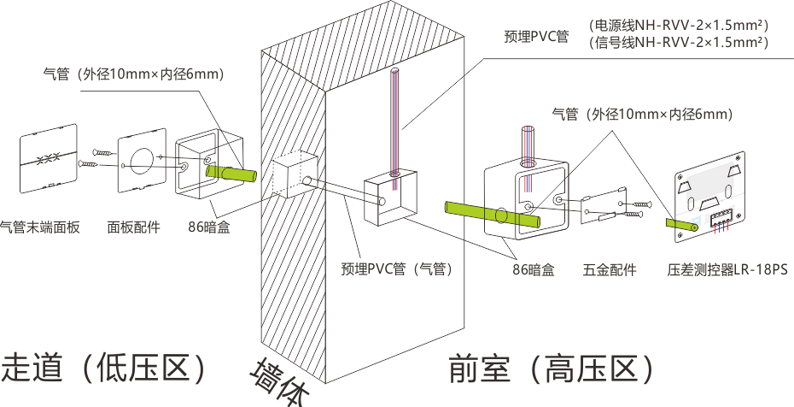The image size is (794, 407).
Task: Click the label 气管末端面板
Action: click(40, 227)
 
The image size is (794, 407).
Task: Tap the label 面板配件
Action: click(134, 227)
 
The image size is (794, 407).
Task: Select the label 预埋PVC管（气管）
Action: click(395, 268)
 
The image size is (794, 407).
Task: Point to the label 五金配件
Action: click(610, 270)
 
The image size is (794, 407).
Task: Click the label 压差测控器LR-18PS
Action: click(727, 270)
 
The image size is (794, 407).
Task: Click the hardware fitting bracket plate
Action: click(604, 206)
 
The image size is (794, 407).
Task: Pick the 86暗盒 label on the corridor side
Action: click(209, 227)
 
